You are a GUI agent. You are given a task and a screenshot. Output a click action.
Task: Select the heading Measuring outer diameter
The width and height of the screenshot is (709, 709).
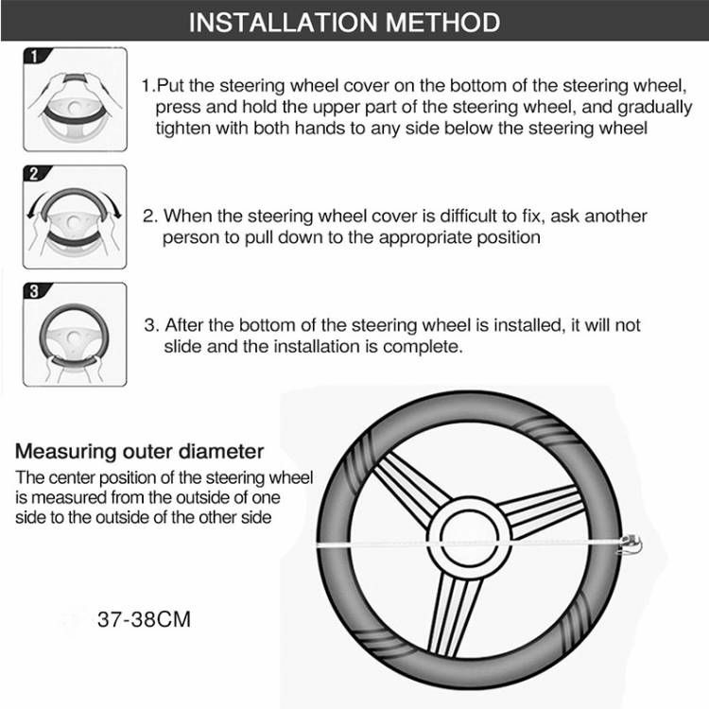140,451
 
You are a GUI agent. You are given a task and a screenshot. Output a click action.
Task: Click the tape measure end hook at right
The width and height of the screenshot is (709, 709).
630,545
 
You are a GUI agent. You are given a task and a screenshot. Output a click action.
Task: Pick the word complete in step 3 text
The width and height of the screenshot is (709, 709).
426,346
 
